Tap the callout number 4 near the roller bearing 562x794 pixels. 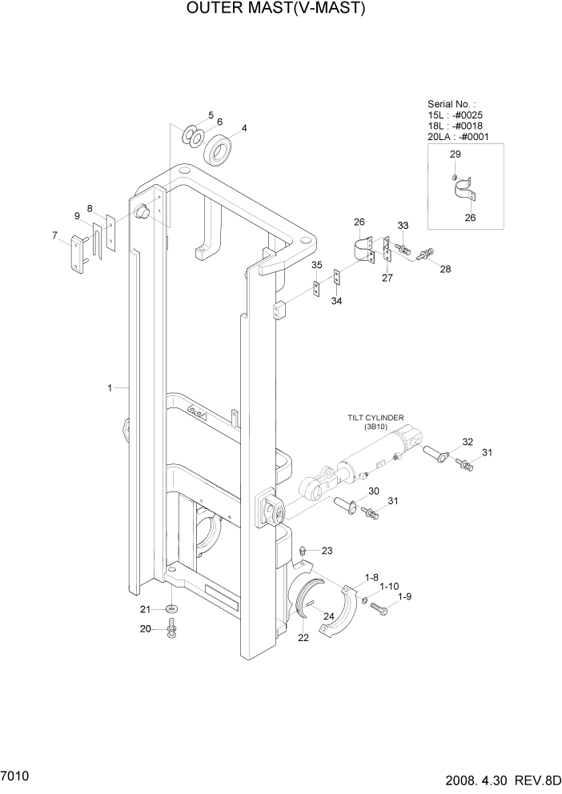point(244,128)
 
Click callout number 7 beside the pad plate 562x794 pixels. point(54,235)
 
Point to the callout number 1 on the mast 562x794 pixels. point(109,387)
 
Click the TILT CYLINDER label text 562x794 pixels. point(375,417)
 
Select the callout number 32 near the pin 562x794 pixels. point(468,442)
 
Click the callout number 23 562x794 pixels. point(327,551)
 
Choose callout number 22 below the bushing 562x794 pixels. point(303,637)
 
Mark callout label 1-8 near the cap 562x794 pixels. point(371,576)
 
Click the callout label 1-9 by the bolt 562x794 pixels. point(404,596)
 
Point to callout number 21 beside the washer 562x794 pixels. point(145,609)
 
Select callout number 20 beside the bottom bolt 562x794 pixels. point(145,628)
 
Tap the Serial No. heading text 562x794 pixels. point(451,104)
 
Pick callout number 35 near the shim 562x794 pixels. point(317,265)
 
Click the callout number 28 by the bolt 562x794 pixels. point(445,269)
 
